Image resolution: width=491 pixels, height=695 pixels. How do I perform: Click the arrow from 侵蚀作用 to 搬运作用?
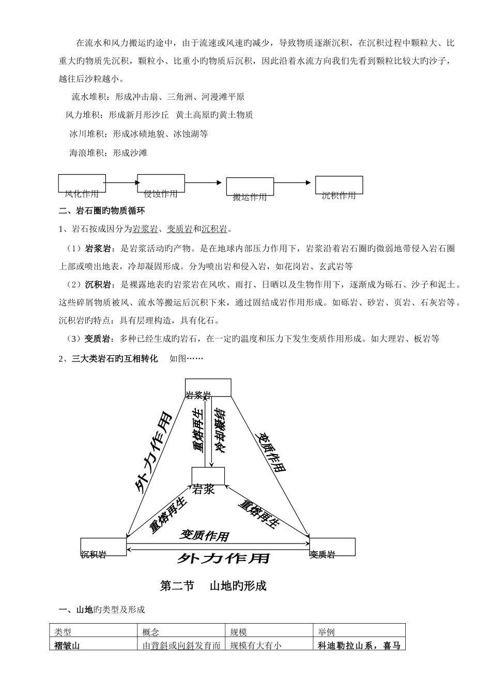pyautogui.click(x=205, y=182)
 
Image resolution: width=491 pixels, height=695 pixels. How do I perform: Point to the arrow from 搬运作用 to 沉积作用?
pyautogui.click(x=294, y=182)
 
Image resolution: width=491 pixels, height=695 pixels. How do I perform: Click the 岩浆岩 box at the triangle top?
pyautogui.click(x=208, y=388)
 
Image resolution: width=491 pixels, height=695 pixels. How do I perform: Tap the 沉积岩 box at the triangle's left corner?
pyautogui.click(x=103, y=547)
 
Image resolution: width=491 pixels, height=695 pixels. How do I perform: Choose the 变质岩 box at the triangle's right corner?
pyautogui.click(x=332, y=547)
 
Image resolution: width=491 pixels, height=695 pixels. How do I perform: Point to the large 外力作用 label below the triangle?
pyautogui.click(x=223, y=559)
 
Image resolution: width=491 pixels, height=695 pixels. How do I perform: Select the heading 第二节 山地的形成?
pyautogui.click(x=213, y=586)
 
